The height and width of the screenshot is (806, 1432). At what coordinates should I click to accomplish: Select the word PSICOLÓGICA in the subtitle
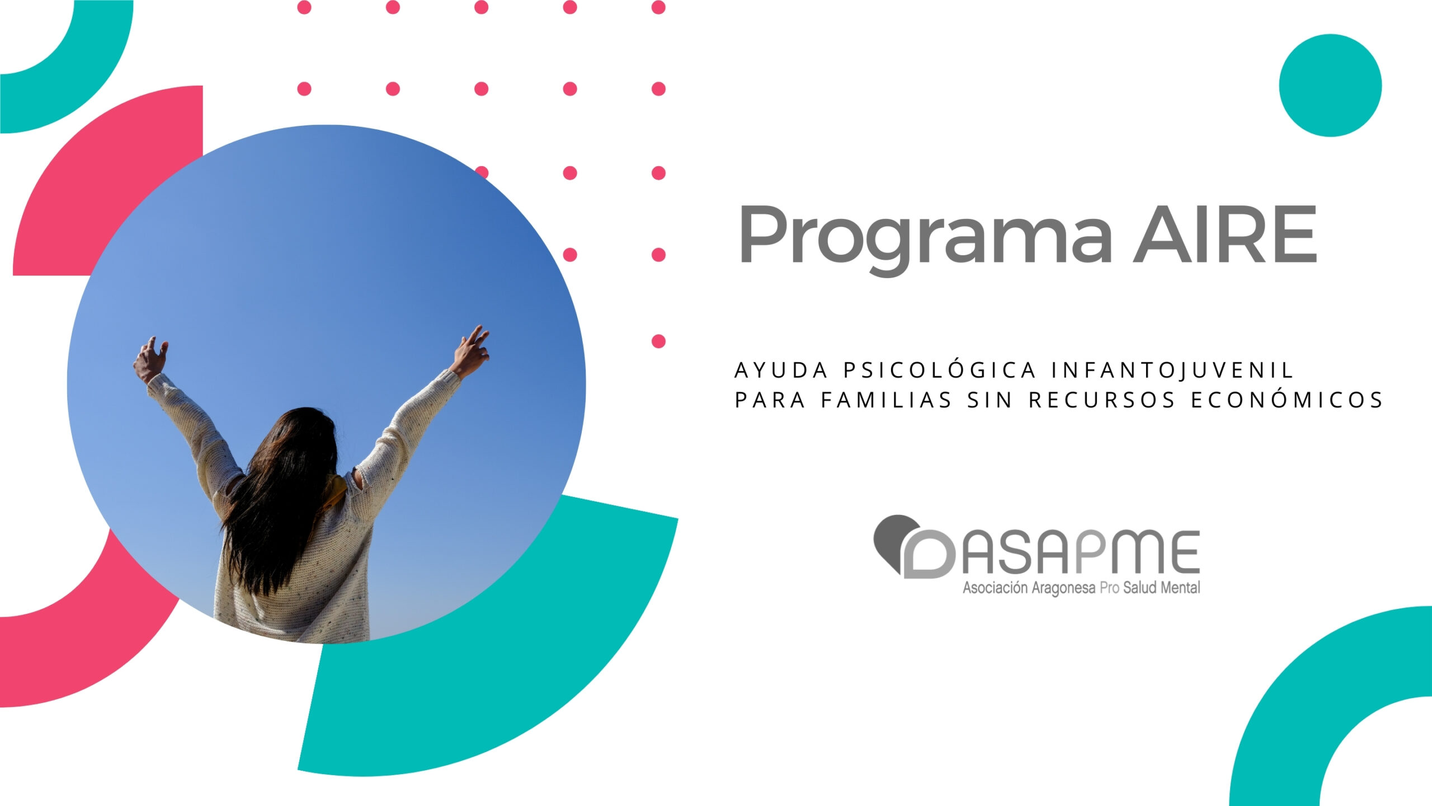pos(940,370)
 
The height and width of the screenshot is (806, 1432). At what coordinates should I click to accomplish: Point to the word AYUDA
pos(781,371)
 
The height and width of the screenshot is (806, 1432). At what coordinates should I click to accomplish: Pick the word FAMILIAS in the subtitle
pos(886,400)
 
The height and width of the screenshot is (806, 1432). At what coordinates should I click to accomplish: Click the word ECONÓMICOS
pos(1287,400)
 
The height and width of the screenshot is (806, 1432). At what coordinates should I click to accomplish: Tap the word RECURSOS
pos(1103,400)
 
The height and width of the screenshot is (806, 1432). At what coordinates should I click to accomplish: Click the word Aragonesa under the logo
pos(1063,589)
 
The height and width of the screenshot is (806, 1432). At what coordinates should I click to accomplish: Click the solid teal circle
pos(1330,85)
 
